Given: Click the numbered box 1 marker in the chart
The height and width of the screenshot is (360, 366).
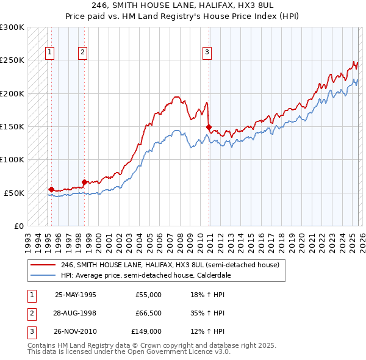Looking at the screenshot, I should (49, 52).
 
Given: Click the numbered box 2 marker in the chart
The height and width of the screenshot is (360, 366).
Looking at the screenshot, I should (82, 52).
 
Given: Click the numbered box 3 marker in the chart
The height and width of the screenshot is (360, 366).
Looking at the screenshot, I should (207, 52).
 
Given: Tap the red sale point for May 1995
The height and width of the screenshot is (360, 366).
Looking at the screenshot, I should (51, 189).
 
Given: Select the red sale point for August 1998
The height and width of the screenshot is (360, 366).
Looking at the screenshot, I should (84, 182).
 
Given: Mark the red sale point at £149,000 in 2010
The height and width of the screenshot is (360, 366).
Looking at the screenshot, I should (209, 127).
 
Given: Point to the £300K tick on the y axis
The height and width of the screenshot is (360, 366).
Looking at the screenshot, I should (12, 27).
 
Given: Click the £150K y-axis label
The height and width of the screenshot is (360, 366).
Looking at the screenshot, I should (12, 126).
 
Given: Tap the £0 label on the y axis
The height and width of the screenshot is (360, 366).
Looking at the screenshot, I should (18, 226).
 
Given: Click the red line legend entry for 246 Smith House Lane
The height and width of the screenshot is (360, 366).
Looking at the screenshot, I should (170, 265).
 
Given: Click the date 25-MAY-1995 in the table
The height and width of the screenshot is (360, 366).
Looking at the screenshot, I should (75, 295).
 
